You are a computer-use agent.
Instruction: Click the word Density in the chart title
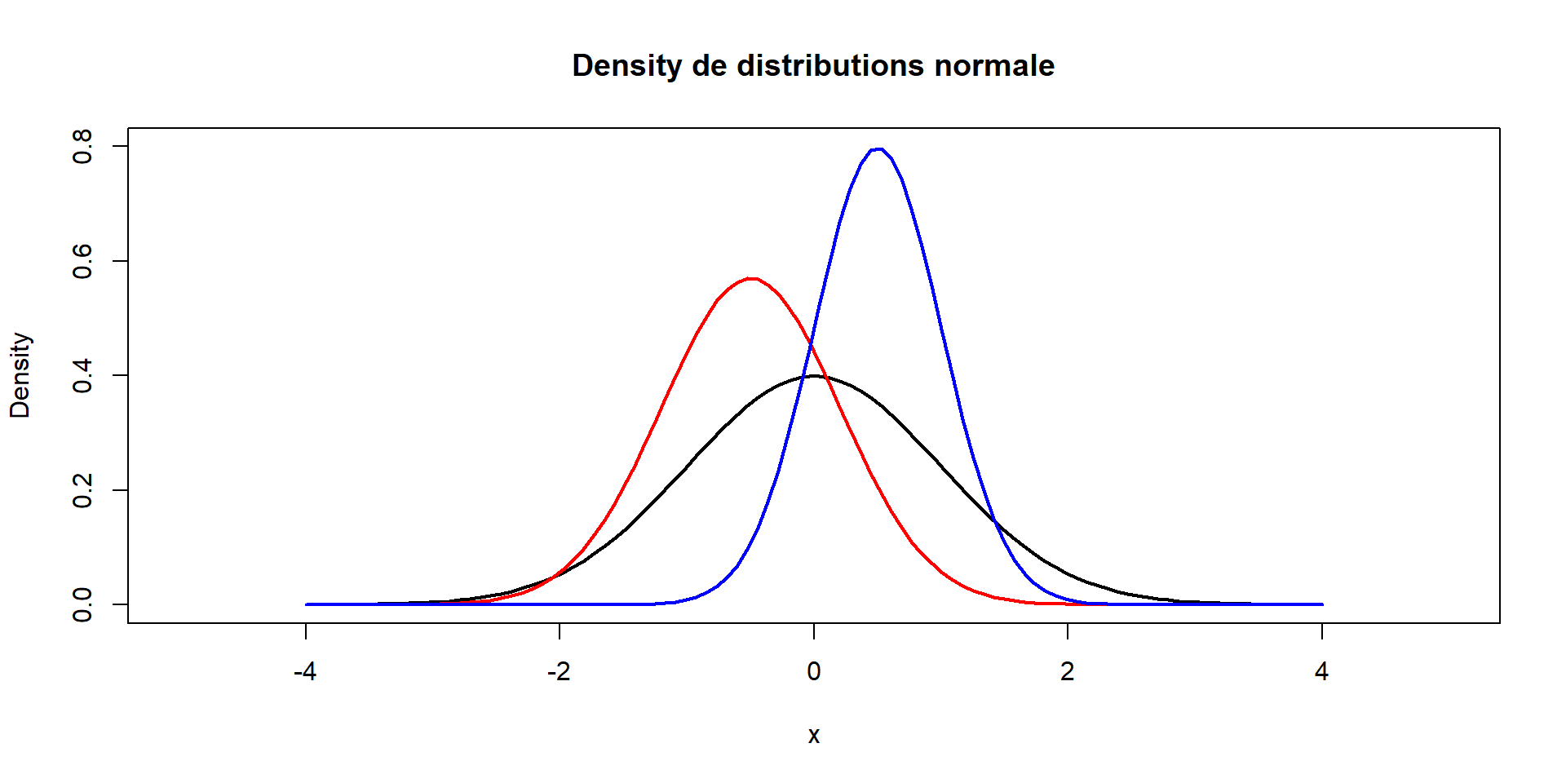click(x=626, y=66)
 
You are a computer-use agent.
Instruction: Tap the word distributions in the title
click(x=831, y=66)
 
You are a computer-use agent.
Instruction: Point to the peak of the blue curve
click(x=878, y=149)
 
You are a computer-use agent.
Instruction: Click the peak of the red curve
click(x=751, y=279)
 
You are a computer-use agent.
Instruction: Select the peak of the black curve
click(x=814, y=376)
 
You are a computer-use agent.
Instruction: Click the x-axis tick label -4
click(x=305, y=672)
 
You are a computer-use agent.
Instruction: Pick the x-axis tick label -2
click(x=559, y=672)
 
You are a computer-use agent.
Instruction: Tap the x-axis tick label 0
click(x=814, y=672)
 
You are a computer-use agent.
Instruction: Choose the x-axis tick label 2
click(x=1068, y=672)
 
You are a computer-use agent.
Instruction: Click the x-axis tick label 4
click(x=1321, y=672)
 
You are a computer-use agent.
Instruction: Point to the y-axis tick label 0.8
click(x=82, y=147)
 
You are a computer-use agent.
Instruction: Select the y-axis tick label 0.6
click(x=82, y=261)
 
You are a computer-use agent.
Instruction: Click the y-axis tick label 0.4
click(x=82, y=376)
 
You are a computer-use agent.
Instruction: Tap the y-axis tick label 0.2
click(x=82, y=490)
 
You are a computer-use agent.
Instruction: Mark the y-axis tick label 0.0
click(x=82, y=604)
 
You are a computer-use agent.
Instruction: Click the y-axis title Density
click(x=20, y=375)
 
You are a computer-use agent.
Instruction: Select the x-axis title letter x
click(x=814, y=736)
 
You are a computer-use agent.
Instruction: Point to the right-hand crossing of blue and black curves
click(x=993, y=520)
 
